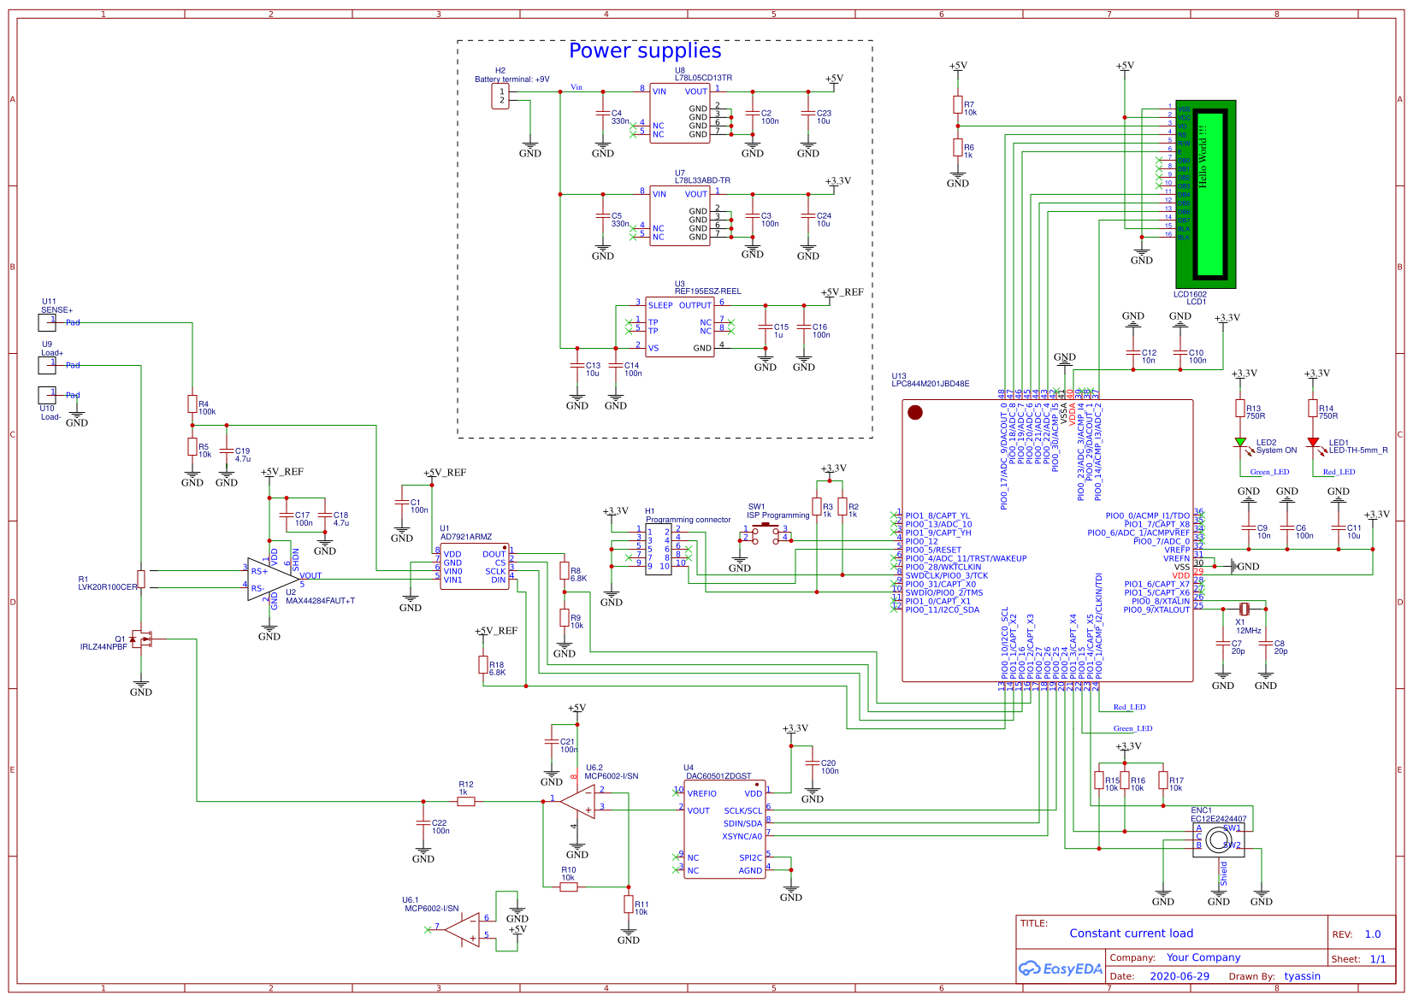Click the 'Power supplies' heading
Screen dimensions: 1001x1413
tap(645, 51)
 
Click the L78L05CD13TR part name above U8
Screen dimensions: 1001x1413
tap(703, 78)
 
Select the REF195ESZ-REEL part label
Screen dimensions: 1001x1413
tap(707, 291)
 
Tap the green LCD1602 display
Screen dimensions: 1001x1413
tap(1205, 194)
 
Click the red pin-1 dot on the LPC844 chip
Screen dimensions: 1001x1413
tap(915, 413)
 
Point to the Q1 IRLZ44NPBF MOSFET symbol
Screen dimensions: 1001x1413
tap(140, 639)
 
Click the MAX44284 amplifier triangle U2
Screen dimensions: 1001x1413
tap(271, 579)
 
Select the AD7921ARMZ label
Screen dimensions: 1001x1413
tap(465, 537)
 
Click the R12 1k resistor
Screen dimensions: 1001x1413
tap(466, 801)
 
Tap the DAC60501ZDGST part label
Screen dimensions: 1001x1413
tap(718, 776)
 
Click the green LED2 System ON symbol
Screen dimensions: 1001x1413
tap(1240, 443)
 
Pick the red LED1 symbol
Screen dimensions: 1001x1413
tap(1313, 443)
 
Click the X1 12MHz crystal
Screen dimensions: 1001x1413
tap(1245, 609)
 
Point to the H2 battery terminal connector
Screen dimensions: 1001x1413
tap(500, 97)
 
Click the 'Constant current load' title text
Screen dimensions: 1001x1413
tap(1131, 933)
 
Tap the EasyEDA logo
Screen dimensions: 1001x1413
tap(1060, 969)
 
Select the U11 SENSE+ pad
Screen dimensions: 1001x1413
tap(47, 322)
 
